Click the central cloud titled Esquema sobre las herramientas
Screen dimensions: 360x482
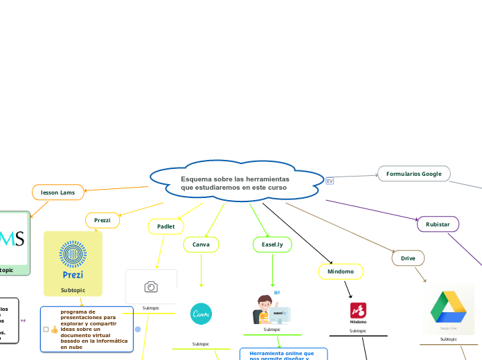coord(235,183)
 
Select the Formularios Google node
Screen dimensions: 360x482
coord(413,174)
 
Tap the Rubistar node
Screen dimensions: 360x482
coord(438,224)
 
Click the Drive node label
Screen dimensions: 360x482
coord(408,258)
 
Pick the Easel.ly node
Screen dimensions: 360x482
coord(272,244)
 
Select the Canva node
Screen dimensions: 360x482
coord(201,244)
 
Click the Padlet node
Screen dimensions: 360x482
coord(166,226)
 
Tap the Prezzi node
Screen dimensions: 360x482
coord(102,220)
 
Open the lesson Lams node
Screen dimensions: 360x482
coord(58,192)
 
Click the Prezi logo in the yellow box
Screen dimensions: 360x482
coord(73,258)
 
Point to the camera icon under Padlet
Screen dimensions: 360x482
coord(151,287)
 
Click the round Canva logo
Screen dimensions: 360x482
coord(201,314)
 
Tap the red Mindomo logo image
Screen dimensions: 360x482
coord(358,311)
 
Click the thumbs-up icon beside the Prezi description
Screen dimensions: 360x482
coord(55,330)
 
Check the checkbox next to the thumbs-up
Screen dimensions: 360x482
coord(46,330)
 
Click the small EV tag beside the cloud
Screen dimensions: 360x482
coord(330,181)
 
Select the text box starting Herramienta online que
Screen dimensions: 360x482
coord(283,354)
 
